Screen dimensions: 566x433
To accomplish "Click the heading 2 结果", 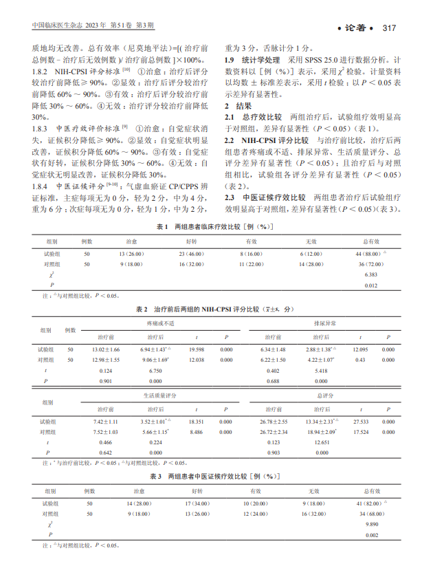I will (237, 107).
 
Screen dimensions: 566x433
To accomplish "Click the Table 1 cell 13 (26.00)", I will (130, 254).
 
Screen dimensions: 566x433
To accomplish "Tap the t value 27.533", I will (361, 421).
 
